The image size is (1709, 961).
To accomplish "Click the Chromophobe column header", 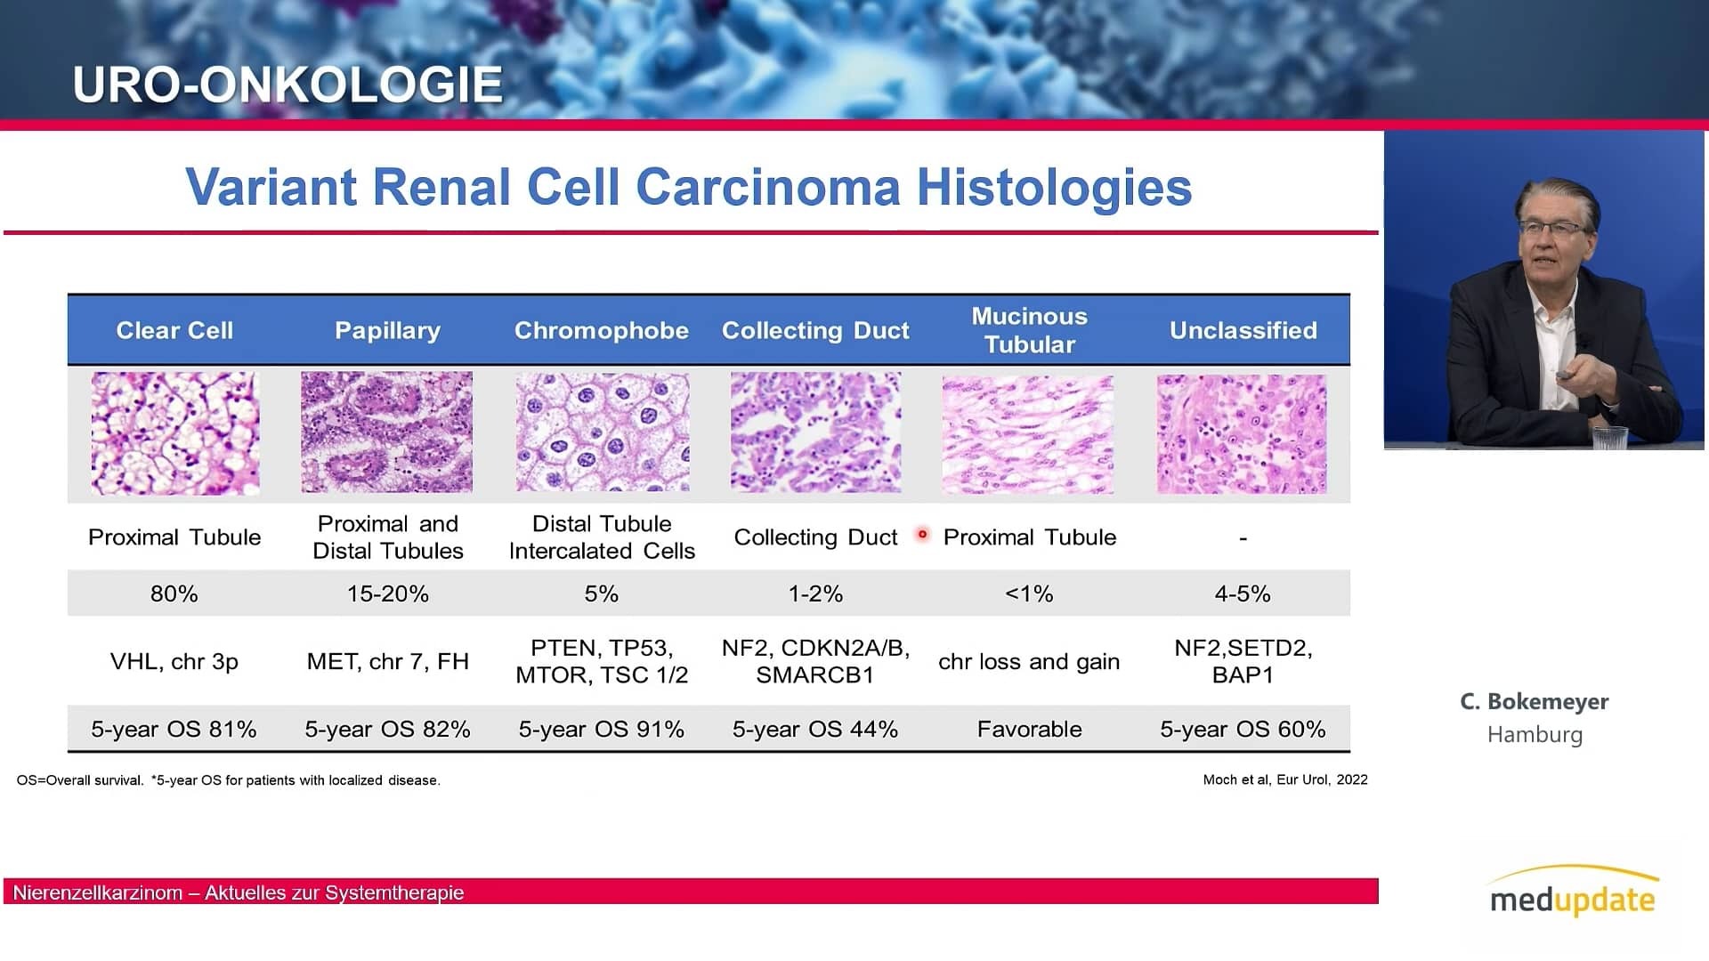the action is (x=602, y=330).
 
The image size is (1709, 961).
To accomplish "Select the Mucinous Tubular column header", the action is (x=1029, y=330).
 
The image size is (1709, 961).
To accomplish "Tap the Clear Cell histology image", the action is (x=175, y=433).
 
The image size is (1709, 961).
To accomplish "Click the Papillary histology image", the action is (x=387, y=432).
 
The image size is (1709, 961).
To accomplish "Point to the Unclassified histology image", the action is (x=1242, y=434).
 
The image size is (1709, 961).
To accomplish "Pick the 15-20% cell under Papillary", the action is (x=388, y=594).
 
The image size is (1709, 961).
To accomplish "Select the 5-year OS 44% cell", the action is (x=815, y=729).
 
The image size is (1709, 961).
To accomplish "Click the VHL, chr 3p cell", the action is (x=174, y=661).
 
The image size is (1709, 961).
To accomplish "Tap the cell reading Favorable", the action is (x=1030, y=729).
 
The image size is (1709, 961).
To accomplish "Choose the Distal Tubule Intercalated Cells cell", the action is (x=602, y=537).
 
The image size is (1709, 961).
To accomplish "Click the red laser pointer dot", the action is (x=922, y=535).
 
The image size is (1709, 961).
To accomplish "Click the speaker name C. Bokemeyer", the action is (x=1535, y=701).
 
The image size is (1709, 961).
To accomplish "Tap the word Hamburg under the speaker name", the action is (x=1535, y=734).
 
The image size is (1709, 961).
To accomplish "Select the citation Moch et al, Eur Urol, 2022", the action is (x=1285, y=779).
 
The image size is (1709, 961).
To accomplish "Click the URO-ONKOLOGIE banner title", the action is (x=288, y=85).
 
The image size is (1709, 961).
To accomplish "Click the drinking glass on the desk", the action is (x=1609, y=438).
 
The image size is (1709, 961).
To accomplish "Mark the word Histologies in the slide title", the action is (x=1054, y=187).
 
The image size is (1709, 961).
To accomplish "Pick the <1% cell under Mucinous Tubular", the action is (x=1029, y=594).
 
